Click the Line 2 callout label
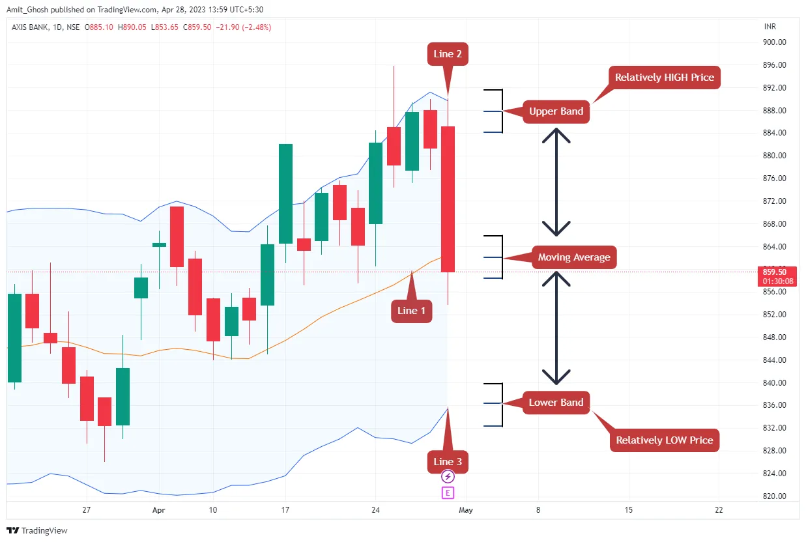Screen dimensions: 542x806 (x=447, y=54)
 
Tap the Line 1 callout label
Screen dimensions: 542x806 (x=411, y=311)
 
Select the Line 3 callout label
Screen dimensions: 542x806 (x=447, y=462)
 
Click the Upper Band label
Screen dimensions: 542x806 (x=556, y=111)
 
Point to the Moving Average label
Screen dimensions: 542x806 (x=573, y=257)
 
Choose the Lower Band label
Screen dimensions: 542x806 (x=556, y=403)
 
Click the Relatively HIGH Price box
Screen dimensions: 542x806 (x=664, y=78)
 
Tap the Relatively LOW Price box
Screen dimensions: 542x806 (x=664, y=440)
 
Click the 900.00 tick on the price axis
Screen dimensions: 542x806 (x=774, y=42)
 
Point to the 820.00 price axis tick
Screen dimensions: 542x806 (x=774, y=496)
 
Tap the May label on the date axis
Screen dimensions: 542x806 (x=465, y=510)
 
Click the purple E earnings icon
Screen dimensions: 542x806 (x=448, y=492)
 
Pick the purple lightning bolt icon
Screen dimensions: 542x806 (x=448, y=477)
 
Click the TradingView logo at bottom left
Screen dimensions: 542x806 (x=37, y=530)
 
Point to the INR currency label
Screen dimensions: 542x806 (x=770, y=27)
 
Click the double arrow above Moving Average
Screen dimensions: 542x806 (x=556, y=182)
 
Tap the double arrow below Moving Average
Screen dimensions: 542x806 (x=556, y=328)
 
